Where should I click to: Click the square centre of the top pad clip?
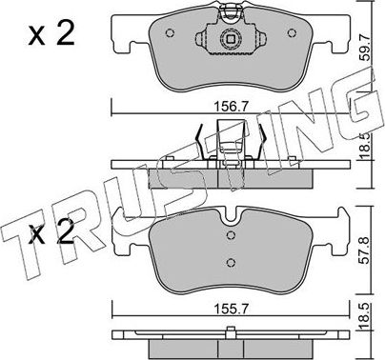point(229,41)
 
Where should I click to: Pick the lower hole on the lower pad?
point(229,264)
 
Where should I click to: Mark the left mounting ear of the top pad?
point(122,43)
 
